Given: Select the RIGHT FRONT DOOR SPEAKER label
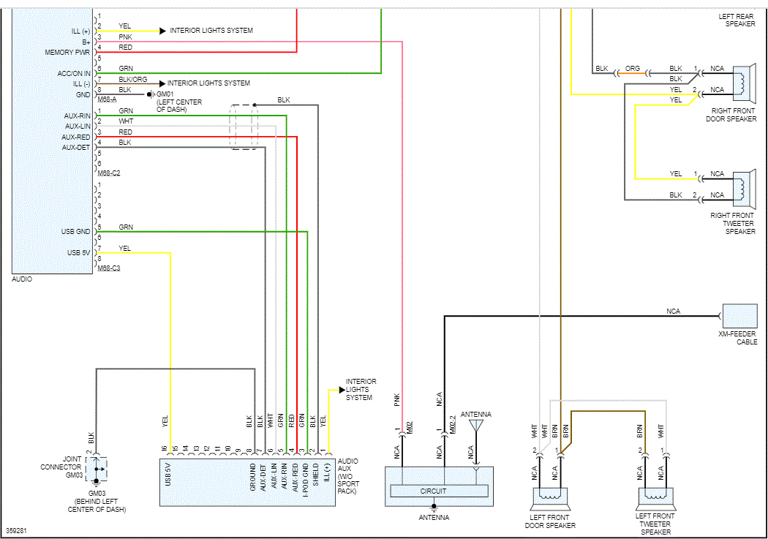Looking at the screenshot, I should click(733, 114).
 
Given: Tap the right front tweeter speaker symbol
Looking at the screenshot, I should click(744, 185).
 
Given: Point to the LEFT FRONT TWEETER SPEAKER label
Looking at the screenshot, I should click(655, 524).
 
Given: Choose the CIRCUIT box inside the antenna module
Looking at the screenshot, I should click(433, 491).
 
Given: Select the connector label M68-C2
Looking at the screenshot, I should click(109, 173).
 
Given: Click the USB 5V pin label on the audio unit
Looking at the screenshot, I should click(78, 253).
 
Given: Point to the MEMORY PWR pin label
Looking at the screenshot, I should click(67, 53).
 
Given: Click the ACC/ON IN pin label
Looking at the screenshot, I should click(74, 73).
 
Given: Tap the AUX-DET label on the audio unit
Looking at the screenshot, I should click(76, 147).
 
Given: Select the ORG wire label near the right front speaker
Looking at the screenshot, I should click(633, 69).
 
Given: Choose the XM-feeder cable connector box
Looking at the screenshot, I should click(739, 316).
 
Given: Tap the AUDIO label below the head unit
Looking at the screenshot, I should click(22, 279).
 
